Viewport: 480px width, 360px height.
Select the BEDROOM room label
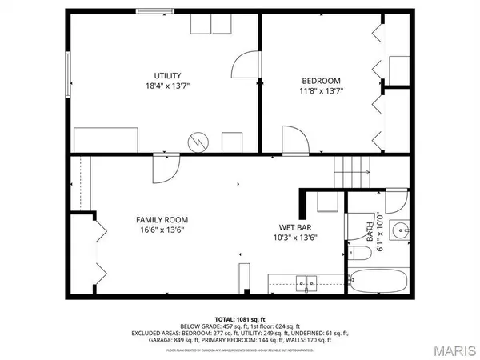[x=321, y=80]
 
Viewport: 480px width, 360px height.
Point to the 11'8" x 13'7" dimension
[x=321, y=91]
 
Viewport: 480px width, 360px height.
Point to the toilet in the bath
[x=359, y=254]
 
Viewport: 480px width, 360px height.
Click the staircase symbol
[x=353, y=170]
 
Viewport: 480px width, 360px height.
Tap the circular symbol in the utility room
[x=197, y=142]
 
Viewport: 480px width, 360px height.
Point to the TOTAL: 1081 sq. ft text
[x=240, y=319]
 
